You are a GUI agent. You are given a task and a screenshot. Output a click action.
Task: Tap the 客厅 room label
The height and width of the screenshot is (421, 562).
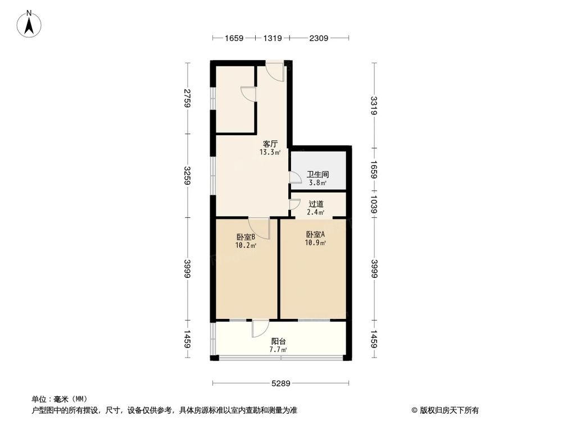pos(270,144)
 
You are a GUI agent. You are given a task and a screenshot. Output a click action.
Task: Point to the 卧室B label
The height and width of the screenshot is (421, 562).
pos(246,236)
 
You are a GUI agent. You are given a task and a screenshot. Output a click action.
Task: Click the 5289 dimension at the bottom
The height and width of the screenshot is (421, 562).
pos(280,384)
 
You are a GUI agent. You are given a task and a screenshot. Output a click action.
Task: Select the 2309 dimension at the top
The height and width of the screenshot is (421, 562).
pos(318,38)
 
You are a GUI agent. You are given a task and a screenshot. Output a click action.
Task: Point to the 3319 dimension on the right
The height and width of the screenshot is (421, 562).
pos(374,105)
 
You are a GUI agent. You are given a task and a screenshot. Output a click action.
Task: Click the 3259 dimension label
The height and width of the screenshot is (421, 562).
pos(188,175)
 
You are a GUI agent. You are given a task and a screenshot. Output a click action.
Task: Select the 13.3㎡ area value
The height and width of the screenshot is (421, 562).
pos(270,152)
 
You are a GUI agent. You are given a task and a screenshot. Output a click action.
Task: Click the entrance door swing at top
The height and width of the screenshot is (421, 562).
pos(275,71)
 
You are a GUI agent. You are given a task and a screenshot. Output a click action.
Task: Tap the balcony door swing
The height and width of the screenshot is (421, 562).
pos(261,328)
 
